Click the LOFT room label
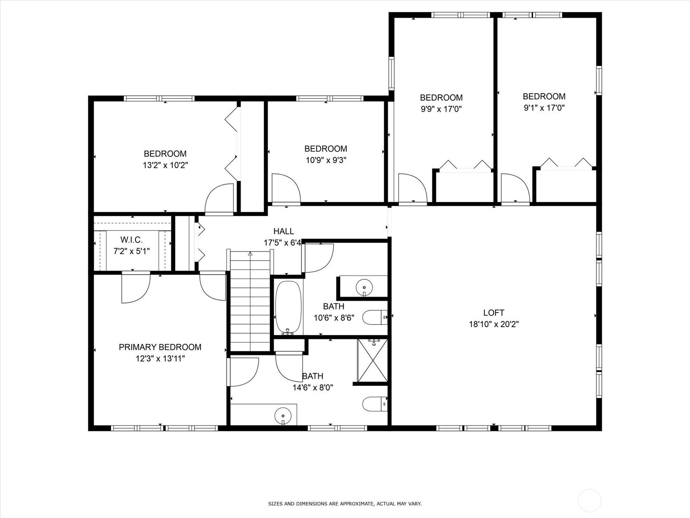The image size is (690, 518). pyautogui.click(x=493, y=313)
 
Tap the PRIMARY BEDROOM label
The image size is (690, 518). pyautogui.click(x=160, y=347)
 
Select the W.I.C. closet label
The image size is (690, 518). pyautogui.click(x=132, y=240)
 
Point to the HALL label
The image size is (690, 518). pyautogui.click(x=283, y=231)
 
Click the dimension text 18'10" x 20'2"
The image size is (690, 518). pyautogui.click(x=494, y=324)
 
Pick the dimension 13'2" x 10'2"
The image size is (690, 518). pyautogui.click(x=165, y=165)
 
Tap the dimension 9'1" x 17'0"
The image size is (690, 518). pyautogui.click(x=544, y=108)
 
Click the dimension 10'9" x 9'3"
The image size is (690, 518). pyautogui.click(x=326, y=160)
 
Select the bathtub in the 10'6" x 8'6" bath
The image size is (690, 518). pyautogui.click(x=288, y=308)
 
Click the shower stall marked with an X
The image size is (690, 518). pyautogui.click(x=373, y=360)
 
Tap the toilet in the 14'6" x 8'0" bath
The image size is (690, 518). pyautogui.click(x=375, y=404)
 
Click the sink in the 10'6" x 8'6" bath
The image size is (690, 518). pyautogui.click(x=364, y=287)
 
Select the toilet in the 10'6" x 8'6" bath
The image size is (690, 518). pyautogui.click(x=375, y=317)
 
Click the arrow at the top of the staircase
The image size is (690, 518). pyautogui.click(x=250, y=253)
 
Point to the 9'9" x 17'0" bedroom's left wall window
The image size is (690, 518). pyautogui.click(x=391, y=73)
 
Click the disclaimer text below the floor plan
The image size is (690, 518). pyautogui.click(x=345, y=504)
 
